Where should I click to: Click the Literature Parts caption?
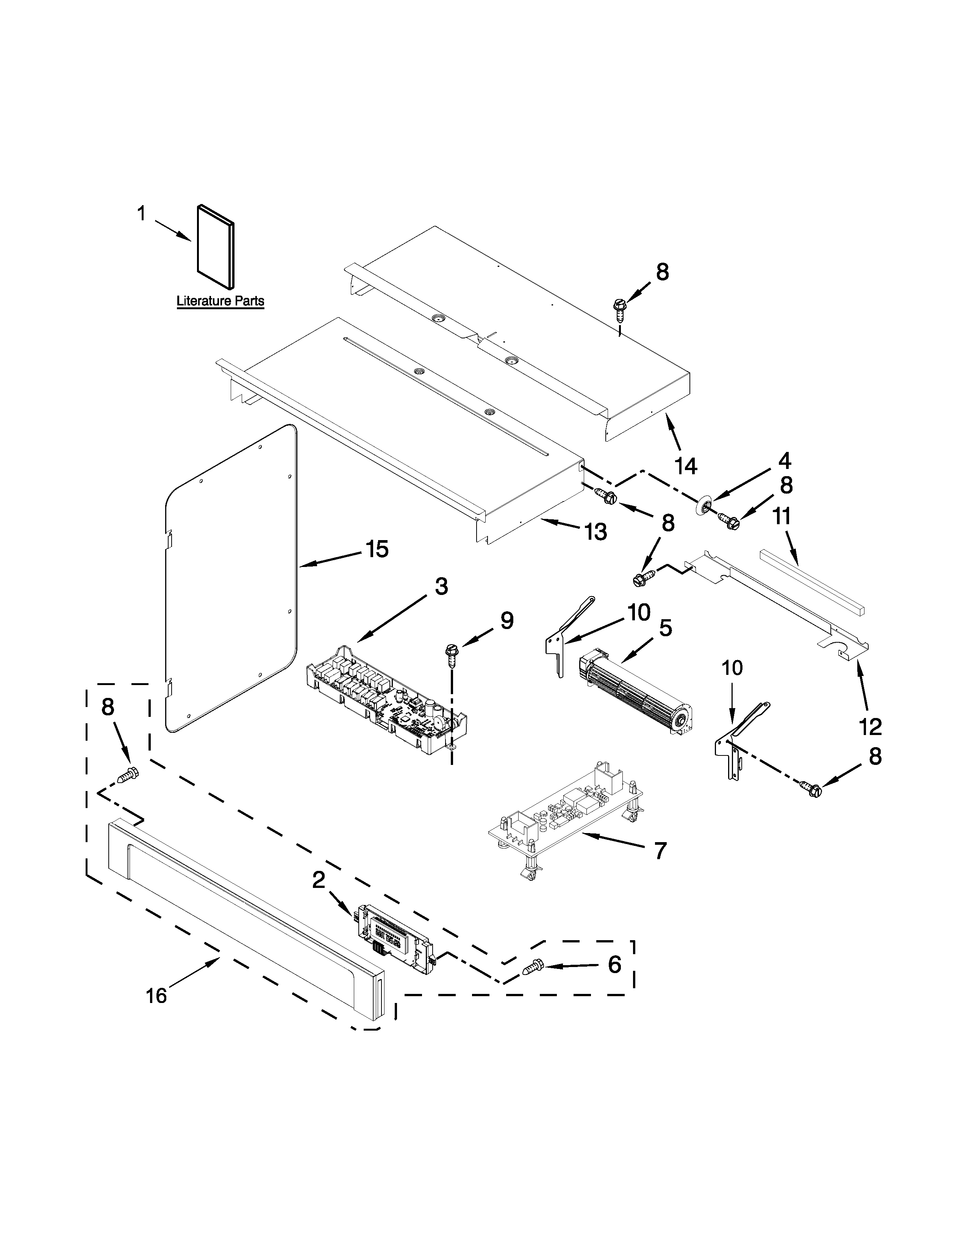pyautogui.click(x=220, y=301)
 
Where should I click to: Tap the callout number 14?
pyautogui.click(x=686, y=466)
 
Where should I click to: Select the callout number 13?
pyautogui.click(x=595, y=532)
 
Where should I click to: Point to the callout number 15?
pyautogui.click(x=377, y=550)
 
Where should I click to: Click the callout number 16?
pyautogui.click(x=156, y=996)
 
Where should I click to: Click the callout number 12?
pyautogui.click(x=871, y=727)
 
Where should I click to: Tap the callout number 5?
pyautogui.click(x=665, y=628)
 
